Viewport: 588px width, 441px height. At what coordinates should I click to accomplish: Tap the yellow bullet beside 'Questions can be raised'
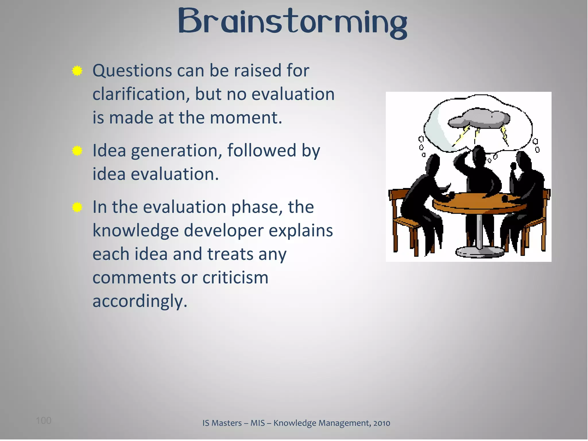pyautogui.click(x=77, y=71)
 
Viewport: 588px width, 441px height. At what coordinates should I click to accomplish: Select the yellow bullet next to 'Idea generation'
pyautogui.click(x=77, y=151)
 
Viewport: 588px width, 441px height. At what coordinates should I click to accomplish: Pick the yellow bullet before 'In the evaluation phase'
pyautogui.click(x=77, y=207)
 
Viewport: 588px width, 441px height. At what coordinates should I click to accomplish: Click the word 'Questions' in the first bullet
pyautogui.click(x=132, y=71)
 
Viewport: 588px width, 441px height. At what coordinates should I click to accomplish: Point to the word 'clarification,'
pyautogui.click(x=141, y=94)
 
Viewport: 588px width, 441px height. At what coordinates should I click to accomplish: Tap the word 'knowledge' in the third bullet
pyautogui.click(x=135, y=231)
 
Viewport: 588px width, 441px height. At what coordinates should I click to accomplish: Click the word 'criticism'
pyautogui.click(x=235, y=278)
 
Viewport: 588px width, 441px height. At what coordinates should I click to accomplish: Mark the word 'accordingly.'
pyautogui.click(x=140, y=301)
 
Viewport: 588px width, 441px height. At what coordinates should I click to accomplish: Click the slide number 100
pyautogui.click(x=44, y=421)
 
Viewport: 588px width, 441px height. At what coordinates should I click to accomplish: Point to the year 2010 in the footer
pyautogui.click(x=382, y=423)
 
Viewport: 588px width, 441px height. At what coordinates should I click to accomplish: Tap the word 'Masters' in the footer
pyautogui.click(x=227, y=423)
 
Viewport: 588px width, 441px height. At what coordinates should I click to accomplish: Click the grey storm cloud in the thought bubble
pyautogui.click(x=479, y=118)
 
